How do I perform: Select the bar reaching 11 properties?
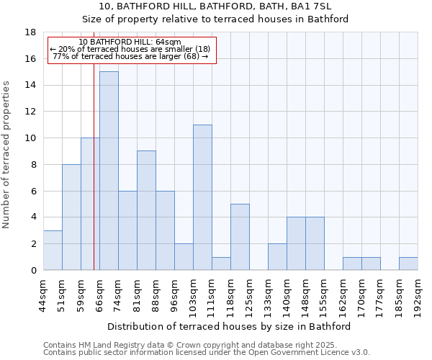pyautogui.click(x=202, y=197)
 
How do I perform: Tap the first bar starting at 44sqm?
pyautogui.click(x=53, y=250)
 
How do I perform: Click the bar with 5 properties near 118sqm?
pyautogui.click(x=240, y=237)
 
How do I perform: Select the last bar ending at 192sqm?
pyautogui.click(x=408, y=264)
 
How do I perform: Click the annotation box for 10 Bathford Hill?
pyautogui.click(x=132, y=50)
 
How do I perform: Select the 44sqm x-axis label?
pyautogui.click(x=43, y=293)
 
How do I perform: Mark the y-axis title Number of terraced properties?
pyautogui.click(x=7, y=154)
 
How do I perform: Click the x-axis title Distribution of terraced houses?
pyautogui.click(x=233, y=326)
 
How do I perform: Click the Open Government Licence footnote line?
pyautogui.click(x=207, y=353)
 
